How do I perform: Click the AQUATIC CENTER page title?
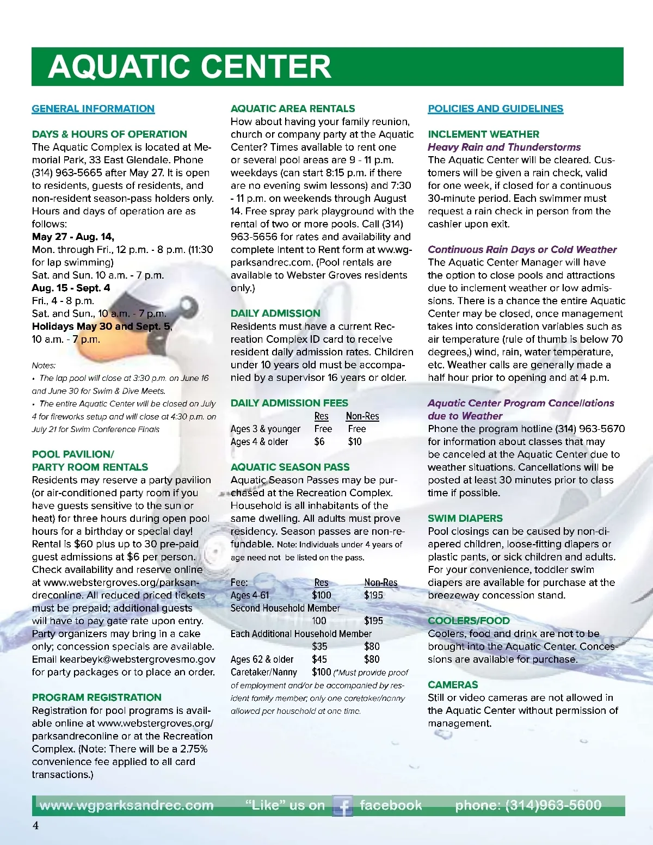(189, 66)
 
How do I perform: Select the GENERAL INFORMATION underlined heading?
(93, 109)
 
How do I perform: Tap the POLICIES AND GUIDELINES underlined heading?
(495, 109)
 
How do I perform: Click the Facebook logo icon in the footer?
(342, 806)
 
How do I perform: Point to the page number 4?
(36, 825)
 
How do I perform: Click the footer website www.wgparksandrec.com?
(127, 805)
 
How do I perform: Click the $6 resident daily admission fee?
(319, 442)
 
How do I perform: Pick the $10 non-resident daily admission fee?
(355, 442)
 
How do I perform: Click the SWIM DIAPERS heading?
(465, 519)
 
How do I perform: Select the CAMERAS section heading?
(453, 685)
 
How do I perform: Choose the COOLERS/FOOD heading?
(469, 621)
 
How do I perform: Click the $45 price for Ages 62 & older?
(319, 659)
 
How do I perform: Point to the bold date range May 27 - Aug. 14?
(73, 237)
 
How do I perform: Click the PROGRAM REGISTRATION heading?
(97, 698)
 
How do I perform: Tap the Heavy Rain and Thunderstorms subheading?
(504, 147)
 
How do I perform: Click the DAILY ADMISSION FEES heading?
(289, 403)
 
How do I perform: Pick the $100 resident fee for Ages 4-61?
(322, 595)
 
